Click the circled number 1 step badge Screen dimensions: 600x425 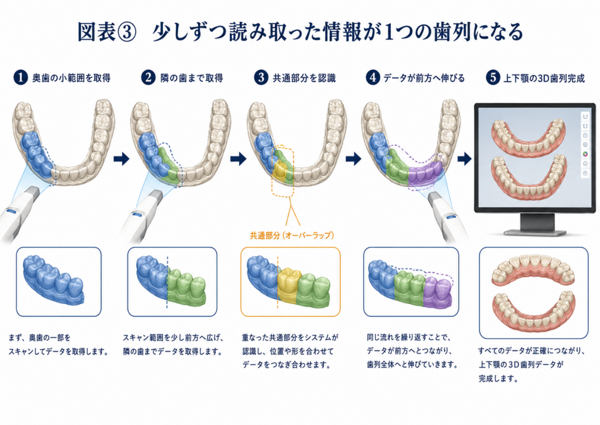coord(21,78)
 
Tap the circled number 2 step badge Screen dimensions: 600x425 coord(148,78)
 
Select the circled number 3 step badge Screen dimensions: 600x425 coord(261,78)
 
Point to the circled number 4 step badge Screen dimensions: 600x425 coord(373,78)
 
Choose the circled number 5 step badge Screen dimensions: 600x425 coord(492,78)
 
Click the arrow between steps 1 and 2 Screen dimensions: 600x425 coord(122,158)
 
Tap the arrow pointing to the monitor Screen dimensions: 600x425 coord(464,158)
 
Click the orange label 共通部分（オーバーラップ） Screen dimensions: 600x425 coord(292,236)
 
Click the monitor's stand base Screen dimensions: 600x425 coord(535,232)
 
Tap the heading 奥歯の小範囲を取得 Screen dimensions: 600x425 coord(71,78)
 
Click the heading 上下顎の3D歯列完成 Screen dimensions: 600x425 coord(544,79)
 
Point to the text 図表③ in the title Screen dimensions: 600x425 coord(107,32)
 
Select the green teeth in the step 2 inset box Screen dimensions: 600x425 coord(186,288)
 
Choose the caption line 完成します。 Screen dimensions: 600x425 coord(499,379)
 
